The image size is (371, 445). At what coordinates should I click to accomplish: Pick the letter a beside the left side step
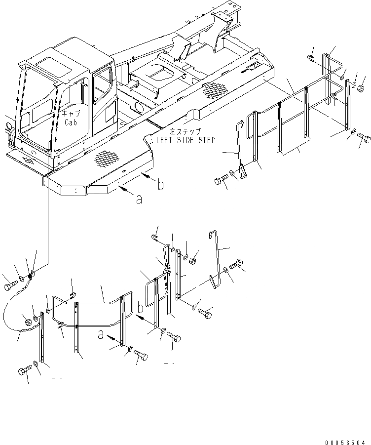[x=140, y=199]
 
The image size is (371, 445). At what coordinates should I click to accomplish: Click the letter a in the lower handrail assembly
[x=101, y=335]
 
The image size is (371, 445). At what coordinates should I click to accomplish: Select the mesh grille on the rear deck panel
[x=215, y=89]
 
